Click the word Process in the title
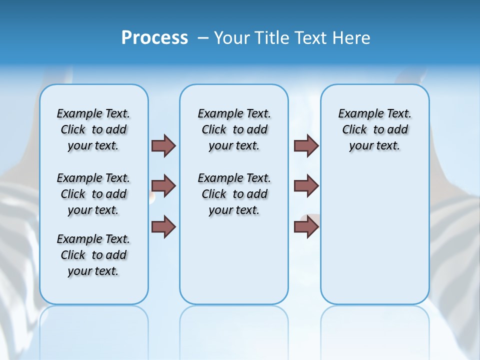[154, 37]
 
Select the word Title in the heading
[270, 38]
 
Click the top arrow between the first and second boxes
[163, 145]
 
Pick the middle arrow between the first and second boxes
[163, 186]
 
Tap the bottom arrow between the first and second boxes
[163, 226]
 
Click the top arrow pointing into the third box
[306, 145]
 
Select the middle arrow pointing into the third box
[306, 186]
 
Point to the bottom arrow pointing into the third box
[306, 226]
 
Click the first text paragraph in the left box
[93, 129]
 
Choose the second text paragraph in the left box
[93, 194]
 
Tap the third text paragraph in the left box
[93, 255]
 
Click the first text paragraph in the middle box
[234, 129]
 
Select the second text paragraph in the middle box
[234, 194]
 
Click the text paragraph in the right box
[374, 129]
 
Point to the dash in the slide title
[203, 38]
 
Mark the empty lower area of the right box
[374, 240]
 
